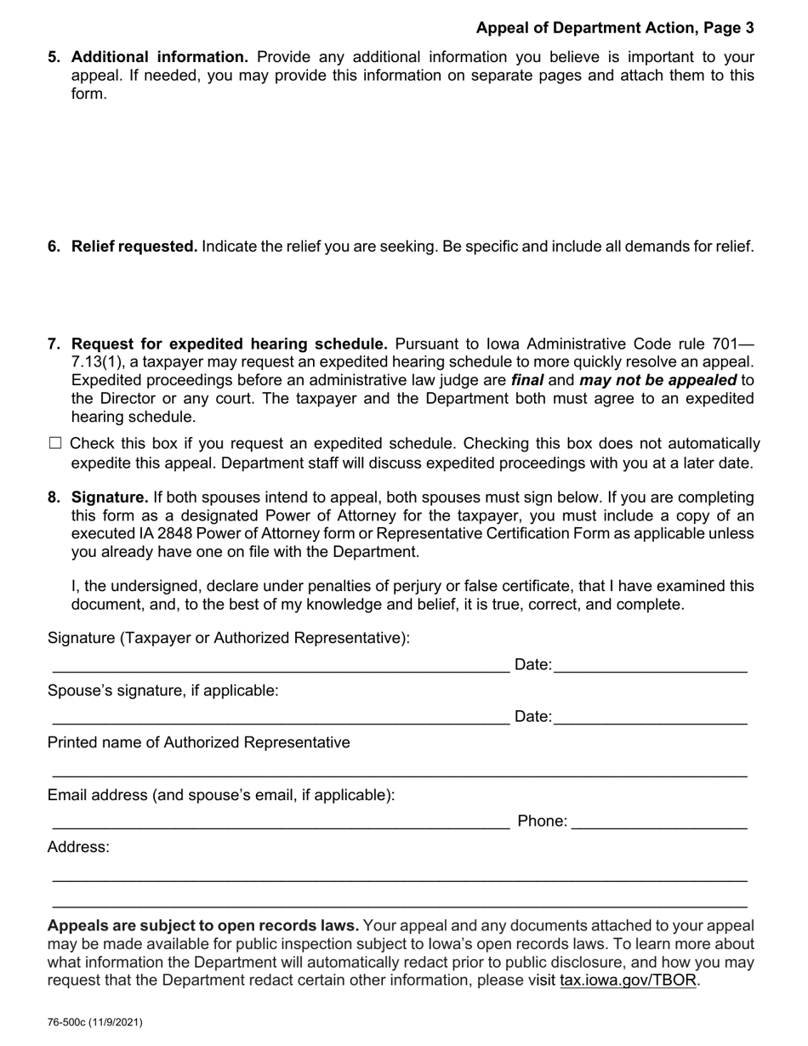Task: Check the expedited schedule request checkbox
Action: (x=56, y=443)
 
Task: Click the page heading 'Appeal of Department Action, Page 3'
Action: (x=614, y=28)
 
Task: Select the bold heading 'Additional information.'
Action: (x=160, y=57)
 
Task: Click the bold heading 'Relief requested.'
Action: (x=134, y=247)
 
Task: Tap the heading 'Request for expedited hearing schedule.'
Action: (x=230, y=344)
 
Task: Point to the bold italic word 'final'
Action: (x=527, y=380)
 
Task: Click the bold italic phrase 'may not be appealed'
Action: (x=657, y=380)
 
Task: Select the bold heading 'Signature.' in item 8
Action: (x=110, y=497)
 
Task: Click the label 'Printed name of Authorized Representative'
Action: (x=198, y=742)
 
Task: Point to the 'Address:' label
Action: (x=78, y=847)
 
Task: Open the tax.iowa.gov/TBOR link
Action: (x=629, y=980)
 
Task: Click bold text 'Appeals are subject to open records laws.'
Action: (x=203, y=925)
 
